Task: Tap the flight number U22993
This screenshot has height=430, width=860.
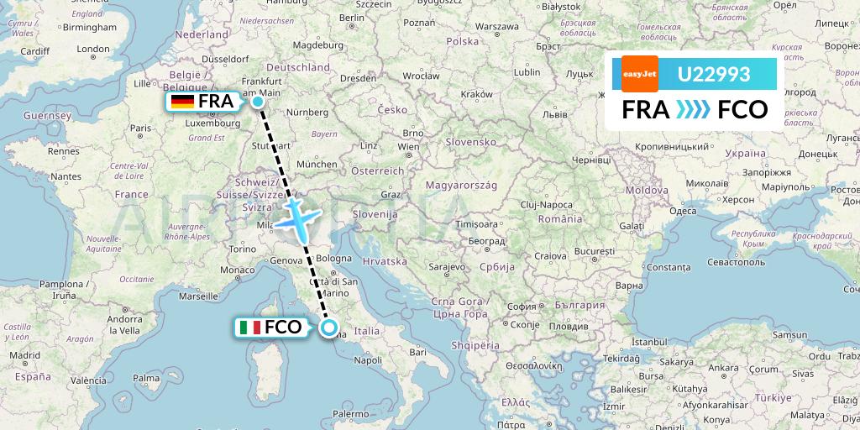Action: (x=714, y=75)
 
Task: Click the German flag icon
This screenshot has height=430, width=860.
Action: (x=182, y=102)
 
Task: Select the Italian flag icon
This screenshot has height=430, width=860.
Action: (x=249, y=328)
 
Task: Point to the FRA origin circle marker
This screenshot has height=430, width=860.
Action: (x=258, y=102)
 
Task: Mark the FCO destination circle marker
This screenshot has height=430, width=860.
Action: (x=328, y=328)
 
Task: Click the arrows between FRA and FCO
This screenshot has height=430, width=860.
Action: (x=693, y=109)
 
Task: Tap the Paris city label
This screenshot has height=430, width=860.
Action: (x=140, y=128)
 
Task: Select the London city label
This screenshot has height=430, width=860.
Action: (x=93, y=50)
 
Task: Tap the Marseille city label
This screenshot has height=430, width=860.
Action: (x=198, y=296)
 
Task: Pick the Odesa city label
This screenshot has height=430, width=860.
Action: (x=682, y=211)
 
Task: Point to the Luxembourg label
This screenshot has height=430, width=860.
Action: (x=218, y=122)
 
